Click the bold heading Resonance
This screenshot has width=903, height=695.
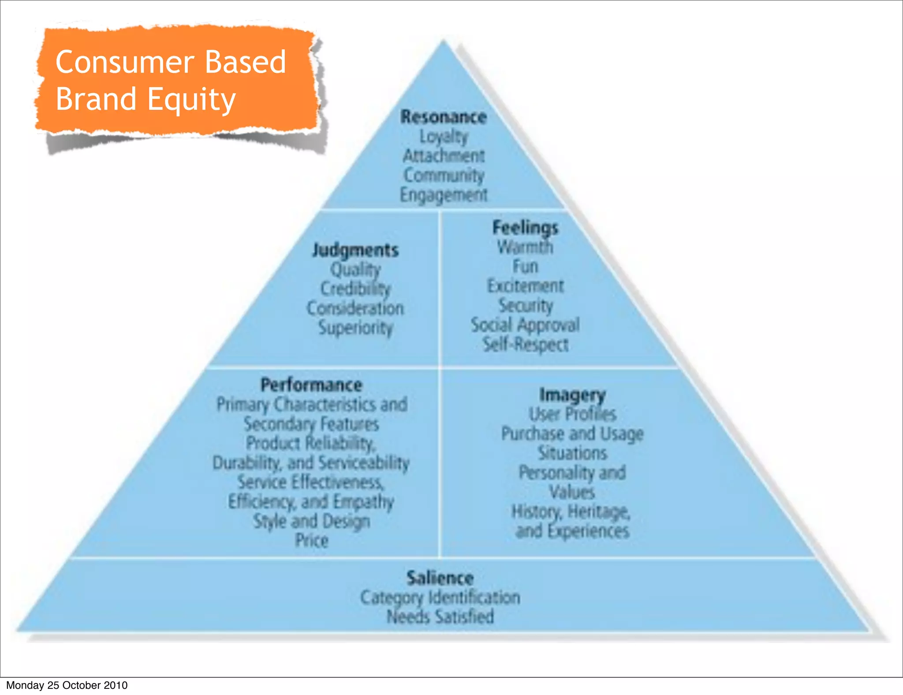443,117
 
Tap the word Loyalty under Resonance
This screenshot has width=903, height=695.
443,137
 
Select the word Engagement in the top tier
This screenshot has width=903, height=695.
443,195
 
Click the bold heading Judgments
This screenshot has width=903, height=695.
355,250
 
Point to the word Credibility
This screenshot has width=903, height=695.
355,289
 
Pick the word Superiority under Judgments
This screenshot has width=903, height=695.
355,328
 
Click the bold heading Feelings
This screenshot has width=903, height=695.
525,228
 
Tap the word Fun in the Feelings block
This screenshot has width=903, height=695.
525,266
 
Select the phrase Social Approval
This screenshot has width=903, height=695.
525,325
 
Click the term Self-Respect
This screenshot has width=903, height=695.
525,344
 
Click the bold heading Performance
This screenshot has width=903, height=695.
311,385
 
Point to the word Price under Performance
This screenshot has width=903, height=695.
311,540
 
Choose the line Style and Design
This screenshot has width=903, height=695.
311,521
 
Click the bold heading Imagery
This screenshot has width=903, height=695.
572,395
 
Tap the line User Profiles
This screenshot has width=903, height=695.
572,414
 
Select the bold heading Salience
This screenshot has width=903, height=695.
440,578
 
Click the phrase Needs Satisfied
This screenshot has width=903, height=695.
440,617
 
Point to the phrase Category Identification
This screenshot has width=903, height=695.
440,598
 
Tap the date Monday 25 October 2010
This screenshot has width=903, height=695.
67,685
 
